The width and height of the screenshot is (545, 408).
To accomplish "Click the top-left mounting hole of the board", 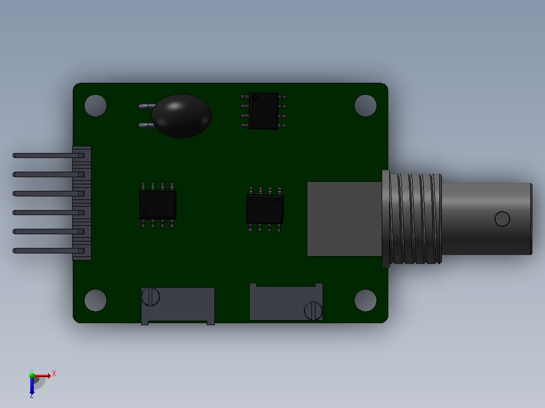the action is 96,106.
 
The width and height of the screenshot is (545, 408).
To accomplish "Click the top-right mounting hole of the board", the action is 366,106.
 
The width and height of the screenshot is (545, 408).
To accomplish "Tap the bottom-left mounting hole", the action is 96,300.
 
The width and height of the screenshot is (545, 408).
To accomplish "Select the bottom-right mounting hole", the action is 366,300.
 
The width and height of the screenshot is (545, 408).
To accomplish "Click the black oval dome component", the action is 181,116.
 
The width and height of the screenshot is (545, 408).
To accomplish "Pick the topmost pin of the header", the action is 49,156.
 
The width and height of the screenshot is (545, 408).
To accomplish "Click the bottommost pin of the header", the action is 49,250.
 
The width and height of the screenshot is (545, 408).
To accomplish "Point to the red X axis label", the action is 54,374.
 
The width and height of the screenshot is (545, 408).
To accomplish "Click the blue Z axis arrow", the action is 32,385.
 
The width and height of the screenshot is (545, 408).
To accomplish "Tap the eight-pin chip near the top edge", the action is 263,111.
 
